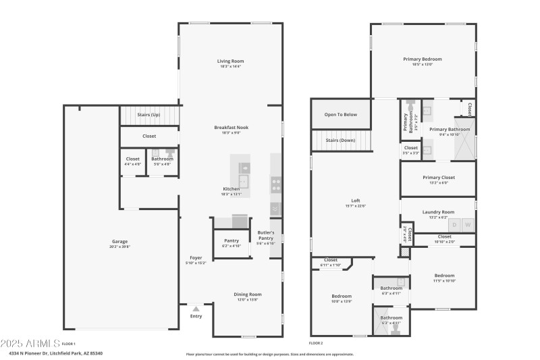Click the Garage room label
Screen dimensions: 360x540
tap(120, 242)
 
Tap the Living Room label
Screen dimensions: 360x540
tap(230, 61)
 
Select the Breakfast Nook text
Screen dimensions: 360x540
tap(231, 127)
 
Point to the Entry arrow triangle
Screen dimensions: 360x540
tap(196, 308)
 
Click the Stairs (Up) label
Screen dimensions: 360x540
tap(148, 115)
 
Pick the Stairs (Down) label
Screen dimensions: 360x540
tap(340, 140)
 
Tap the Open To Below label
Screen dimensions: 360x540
tap(340, 114)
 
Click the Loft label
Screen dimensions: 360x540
tap(355, 201)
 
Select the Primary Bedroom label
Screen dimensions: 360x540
tap(423, 59)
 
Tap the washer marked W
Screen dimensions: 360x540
tap(468, 224)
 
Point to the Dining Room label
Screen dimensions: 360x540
tap(248, 294)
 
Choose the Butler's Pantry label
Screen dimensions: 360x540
tap(266, 235)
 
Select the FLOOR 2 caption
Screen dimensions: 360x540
tap(316, 343)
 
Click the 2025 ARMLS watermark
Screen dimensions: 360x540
tap(30, 342)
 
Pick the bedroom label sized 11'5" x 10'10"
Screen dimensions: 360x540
tap(444, 276)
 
